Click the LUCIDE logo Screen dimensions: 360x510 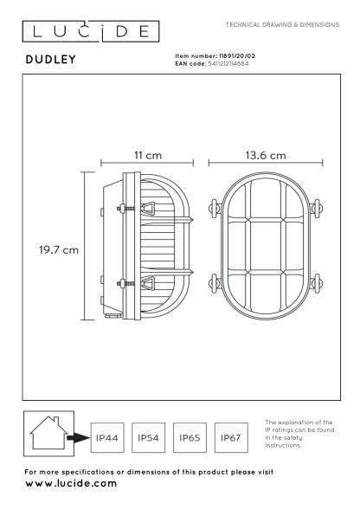point(91,31)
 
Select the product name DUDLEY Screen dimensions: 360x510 point(51,59)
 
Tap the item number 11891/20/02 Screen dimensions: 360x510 point(237,56)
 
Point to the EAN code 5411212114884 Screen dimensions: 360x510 point(228,64)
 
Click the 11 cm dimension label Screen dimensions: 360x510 point(148,155)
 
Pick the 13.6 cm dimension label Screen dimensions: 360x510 point(266,155)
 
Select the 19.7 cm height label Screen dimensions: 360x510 point(59,249)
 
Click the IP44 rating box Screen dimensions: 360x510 point(107,437)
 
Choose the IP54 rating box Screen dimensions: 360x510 point(148,437)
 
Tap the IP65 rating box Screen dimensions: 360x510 point(190,437)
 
